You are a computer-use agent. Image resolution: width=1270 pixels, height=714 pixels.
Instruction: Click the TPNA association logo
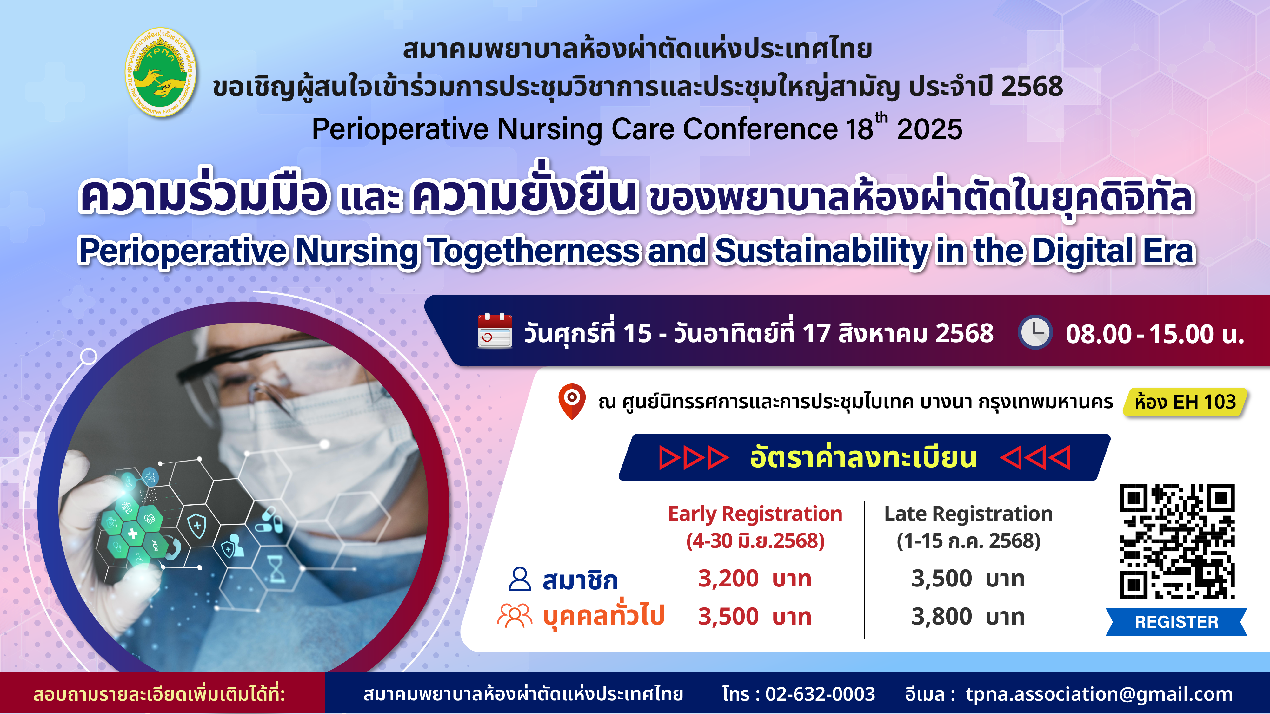click(161, 72)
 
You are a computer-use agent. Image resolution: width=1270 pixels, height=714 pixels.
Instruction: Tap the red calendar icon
click(495, 331)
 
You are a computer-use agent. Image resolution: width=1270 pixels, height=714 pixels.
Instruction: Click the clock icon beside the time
click(1035, 332)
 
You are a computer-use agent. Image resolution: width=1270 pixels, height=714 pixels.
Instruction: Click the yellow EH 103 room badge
click(1185, 402)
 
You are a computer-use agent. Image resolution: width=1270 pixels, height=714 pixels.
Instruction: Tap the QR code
click(1177, 541)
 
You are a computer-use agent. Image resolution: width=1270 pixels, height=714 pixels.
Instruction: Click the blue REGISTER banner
click(1176, 622)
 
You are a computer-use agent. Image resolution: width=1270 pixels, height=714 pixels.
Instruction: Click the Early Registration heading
click(755, 514)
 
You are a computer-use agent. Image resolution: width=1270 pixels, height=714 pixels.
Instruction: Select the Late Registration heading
click(968, 514)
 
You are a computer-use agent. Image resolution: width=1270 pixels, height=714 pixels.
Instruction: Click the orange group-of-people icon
click(515, 615)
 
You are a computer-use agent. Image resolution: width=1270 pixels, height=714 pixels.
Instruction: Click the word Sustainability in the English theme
click(822, 251)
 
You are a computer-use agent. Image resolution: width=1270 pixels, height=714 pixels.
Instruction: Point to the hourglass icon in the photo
click(276, 569)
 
